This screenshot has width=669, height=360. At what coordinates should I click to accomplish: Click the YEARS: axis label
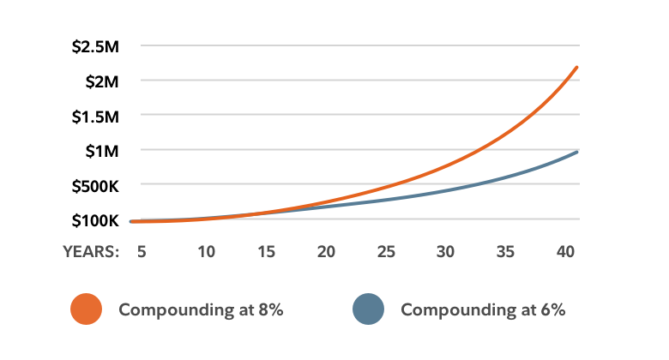click(x=90, y=252)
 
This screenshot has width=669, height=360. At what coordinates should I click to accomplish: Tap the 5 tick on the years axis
click(x=142, y=252)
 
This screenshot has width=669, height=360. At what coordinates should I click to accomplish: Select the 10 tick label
click(x=206, y=252)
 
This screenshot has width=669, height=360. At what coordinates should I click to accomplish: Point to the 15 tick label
click(x=266, y=252)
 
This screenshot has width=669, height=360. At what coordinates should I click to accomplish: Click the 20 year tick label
click(x=325, y=252)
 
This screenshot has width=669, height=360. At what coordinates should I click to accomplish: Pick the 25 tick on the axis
click(x=385, y=252)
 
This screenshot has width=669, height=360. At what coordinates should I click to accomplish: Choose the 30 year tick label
click(x=445, y=252)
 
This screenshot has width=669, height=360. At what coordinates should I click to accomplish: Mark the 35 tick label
click(x=505, y=252)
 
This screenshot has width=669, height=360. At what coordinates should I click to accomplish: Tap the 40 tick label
click(x=564, y=252)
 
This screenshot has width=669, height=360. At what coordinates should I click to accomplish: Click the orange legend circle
click(x=86, y=309)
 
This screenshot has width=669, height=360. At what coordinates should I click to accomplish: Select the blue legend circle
click(x=368, y=309)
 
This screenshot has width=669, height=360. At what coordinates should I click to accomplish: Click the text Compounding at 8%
click(x=201, y=309)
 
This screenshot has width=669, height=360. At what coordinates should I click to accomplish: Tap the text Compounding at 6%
click(x=483, y=309)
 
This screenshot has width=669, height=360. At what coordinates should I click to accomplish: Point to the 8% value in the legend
click(x=271, y=309)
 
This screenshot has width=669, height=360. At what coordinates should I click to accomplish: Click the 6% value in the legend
click(x=553, y=309)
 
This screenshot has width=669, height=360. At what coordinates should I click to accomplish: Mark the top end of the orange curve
click(x=576, y=67)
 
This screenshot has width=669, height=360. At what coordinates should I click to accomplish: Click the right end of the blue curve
click(x=578, y=151)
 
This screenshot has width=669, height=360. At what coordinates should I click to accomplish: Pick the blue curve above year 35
click(x=505, y=177)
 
